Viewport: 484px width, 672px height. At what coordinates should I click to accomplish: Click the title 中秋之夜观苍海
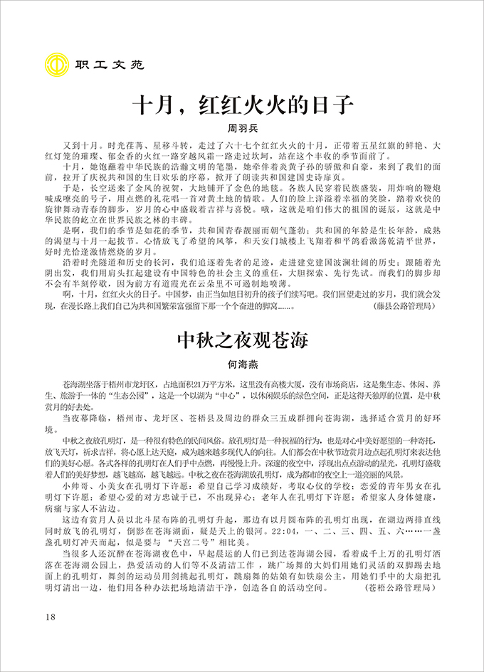click(242, 340)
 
